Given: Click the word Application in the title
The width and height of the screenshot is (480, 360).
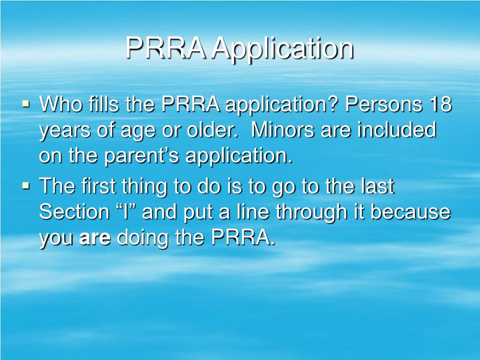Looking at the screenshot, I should pyautogui.click(x=282, y=48).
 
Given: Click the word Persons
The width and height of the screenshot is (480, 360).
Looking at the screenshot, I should pyautogui.click(x=383, y=105).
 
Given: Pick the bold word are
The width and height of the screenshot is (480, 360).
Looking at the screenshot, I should pyautogui.click(x=95, y=238).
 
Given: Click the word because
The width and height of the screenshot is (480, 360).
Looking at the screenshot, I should pyautogui.click(x=411, y=212).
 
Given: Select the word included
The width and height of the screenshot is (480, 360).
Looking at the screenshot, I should pyautogui.click(x=397, y=130).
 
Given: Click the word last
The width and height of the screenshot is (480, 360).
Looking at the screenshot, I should pyautogui.click(x=379, y=186).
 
